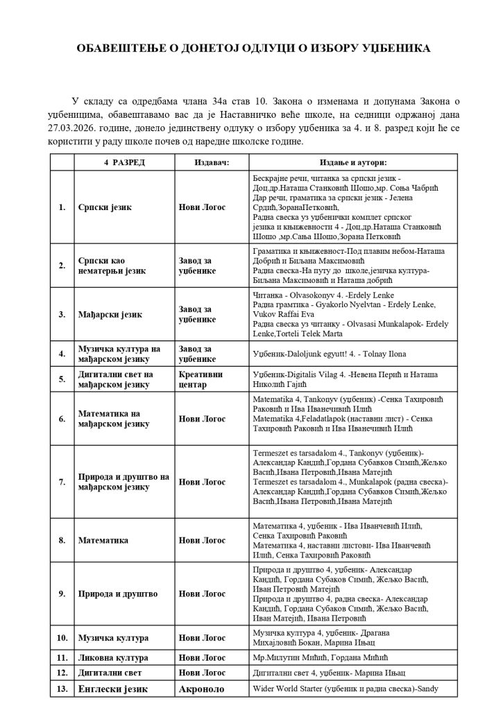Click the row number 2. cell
click(x=62, y=266)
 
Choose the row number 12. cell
click(x=62, y=672)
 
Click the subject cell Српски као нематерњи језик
click(x=112, y=266)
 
